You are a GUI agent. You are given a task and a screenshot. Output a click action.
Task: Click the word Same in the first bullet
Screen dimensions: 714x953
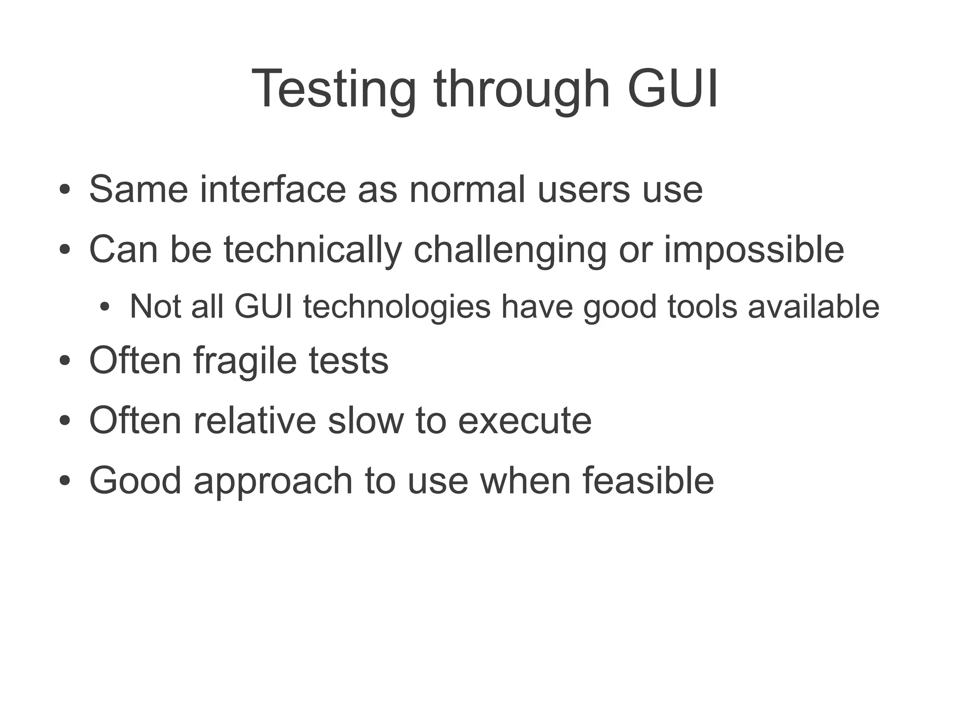(x=139, y=189)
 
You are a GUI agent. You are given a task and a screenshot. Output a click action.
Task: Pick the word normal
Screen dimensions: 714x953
(x=467, y=189)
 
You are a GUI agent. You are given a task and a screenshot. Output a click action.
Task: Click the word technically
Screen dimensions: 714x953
(x=313, y=250)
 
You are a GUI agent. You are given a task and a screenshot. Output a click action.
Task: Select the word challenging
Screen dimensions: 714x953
(x=510, y=250)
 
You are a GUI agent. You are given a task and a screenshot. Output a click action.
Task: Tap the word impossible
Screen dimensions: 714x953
(x=753, y=250)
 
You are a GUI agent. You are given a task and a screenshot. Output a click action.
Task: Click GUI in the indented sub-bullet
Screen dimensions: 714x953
(x=263, y=307)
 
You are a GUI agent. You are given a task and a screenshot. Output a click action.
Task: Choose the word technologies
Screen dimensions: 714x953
(x=397, y=307)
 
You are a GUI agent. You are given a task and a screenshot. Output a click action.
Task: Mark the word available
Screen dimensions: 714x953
(x=813, y=307)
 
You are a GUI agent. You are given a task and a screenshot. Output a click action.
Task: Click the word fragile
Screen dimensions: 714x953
(x=245, y=360)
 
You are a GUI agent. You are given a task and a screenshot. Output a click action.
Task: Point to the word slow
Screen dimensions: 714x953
(x=366, y=420)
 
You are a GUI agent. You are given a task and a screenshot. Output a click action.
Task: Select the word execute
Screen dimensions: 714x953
(x=525, y=420)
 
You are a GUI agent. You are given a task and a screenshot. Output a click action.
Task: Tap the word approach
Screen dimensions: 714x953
(x=273, y=481)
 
